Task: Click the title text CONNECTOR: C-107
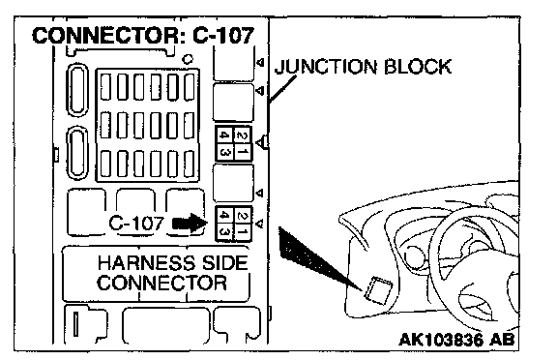[143, 36]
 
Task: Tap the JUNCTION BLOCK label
[363, 67]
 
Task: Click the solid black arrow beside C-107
[190, 224]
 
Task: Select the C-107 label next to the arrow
[136, 224]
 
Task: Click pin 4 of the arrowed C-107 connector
[224, 216]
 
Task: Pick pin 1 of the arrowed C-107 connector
[243, 231]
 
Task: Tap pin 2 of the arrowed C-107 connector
[243, 216]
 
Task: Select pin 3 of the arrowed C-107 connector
[224, 231]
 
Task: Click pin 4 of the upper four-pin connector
[224, 135]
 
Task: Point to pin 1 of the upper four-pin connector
[243, 152]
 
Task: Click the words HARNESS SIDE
[173, 263]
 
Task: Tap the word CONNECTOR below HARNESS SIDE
[162, 284]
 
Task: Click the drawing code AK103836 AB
[456, 340]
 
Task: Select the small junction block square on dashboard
[378, 290]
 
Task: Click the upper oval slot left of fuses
[77, 90]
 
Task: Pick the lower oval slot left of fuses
[77, 154]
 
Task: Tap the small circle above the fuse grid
[188, 59]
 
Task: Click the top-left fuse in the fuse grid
[105, 87]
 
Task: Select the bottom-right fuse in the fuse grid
[190, 164]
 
